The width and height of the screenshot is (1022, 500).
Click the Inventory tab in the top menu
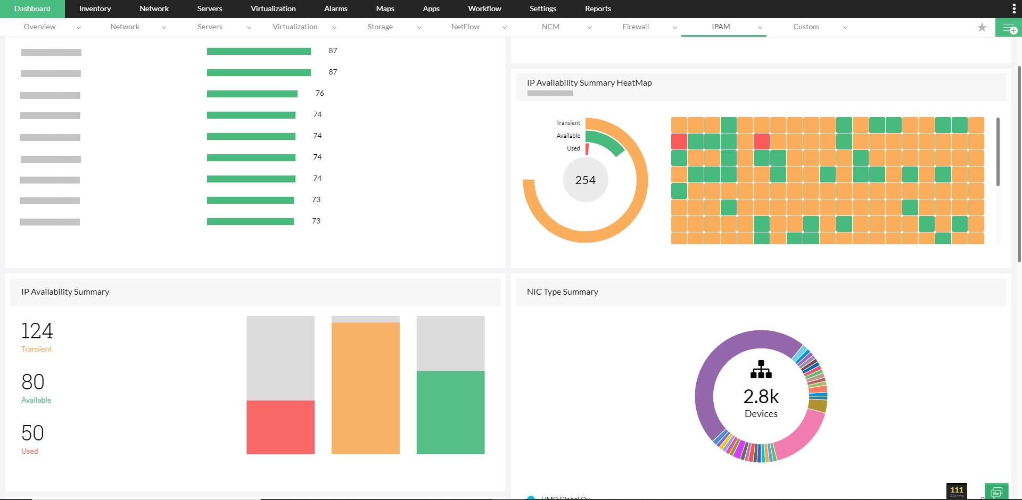(x=95, y=9)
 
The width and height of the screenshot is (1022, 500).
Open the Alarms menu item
(x=335, y=9)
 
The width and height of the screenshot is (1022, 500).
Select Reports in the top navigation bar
(x=598, y=9)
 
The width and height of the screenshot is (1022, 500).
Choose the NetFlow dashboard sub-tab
(x=465, y=27)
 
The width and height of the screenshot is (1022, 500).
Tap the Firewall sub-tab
(x=636, y=27)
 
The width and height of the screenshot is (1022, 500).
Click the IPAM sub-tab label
(x=721, y=27)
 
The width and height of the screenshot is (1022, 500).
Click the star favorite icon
(x=982, y=27)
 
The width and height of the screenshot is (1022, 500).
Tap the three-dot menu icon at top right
(x=1013, y=9)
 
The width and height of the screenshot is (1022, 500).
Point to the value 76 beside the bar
(x=319, y=93)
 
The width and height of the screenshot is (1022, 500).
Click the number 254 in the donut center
(x=585, y=180)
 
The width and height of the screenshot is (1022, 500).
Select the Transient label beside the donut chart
(x=568, y=123)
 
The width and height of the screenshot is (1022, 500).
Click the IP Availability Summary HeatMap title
(x=589, y=83)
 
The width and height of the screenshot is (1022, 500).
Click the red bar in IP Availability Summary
(x=281, y=427)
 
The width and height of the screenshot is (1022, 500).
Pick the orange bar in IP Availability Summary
(x=365, y=388)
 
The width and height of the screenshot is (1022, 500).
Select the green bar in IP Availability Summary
(x=450, y=412)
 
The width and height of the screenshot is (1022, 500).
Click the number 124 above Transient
(x=37, y=331)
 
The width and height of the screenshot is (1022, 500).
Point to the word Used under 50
(x=30, y=451)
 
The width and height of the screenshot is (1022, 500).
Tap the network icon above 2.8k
(x=761, y=369)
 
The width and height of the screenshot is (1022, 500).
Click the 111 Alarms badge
(x=957, y=491)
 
